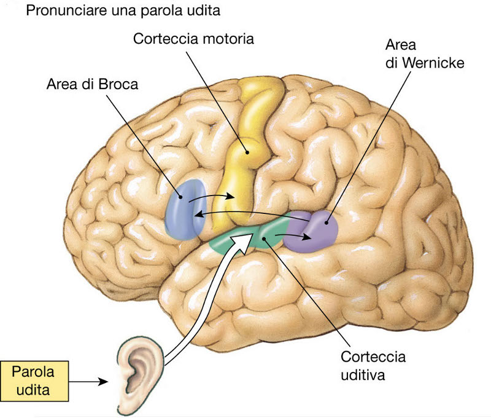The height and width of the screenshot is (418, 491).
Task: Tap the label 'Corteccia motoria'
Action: tap(193, 39)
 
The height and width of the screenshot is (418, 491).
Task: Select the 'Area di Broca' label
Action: tap(93, 84)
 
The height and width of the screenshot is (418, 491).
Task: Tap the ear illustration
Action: tap(138, 369)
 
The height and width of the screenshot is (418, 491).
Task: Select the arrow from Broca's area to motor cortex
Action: tap(212, 198)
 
